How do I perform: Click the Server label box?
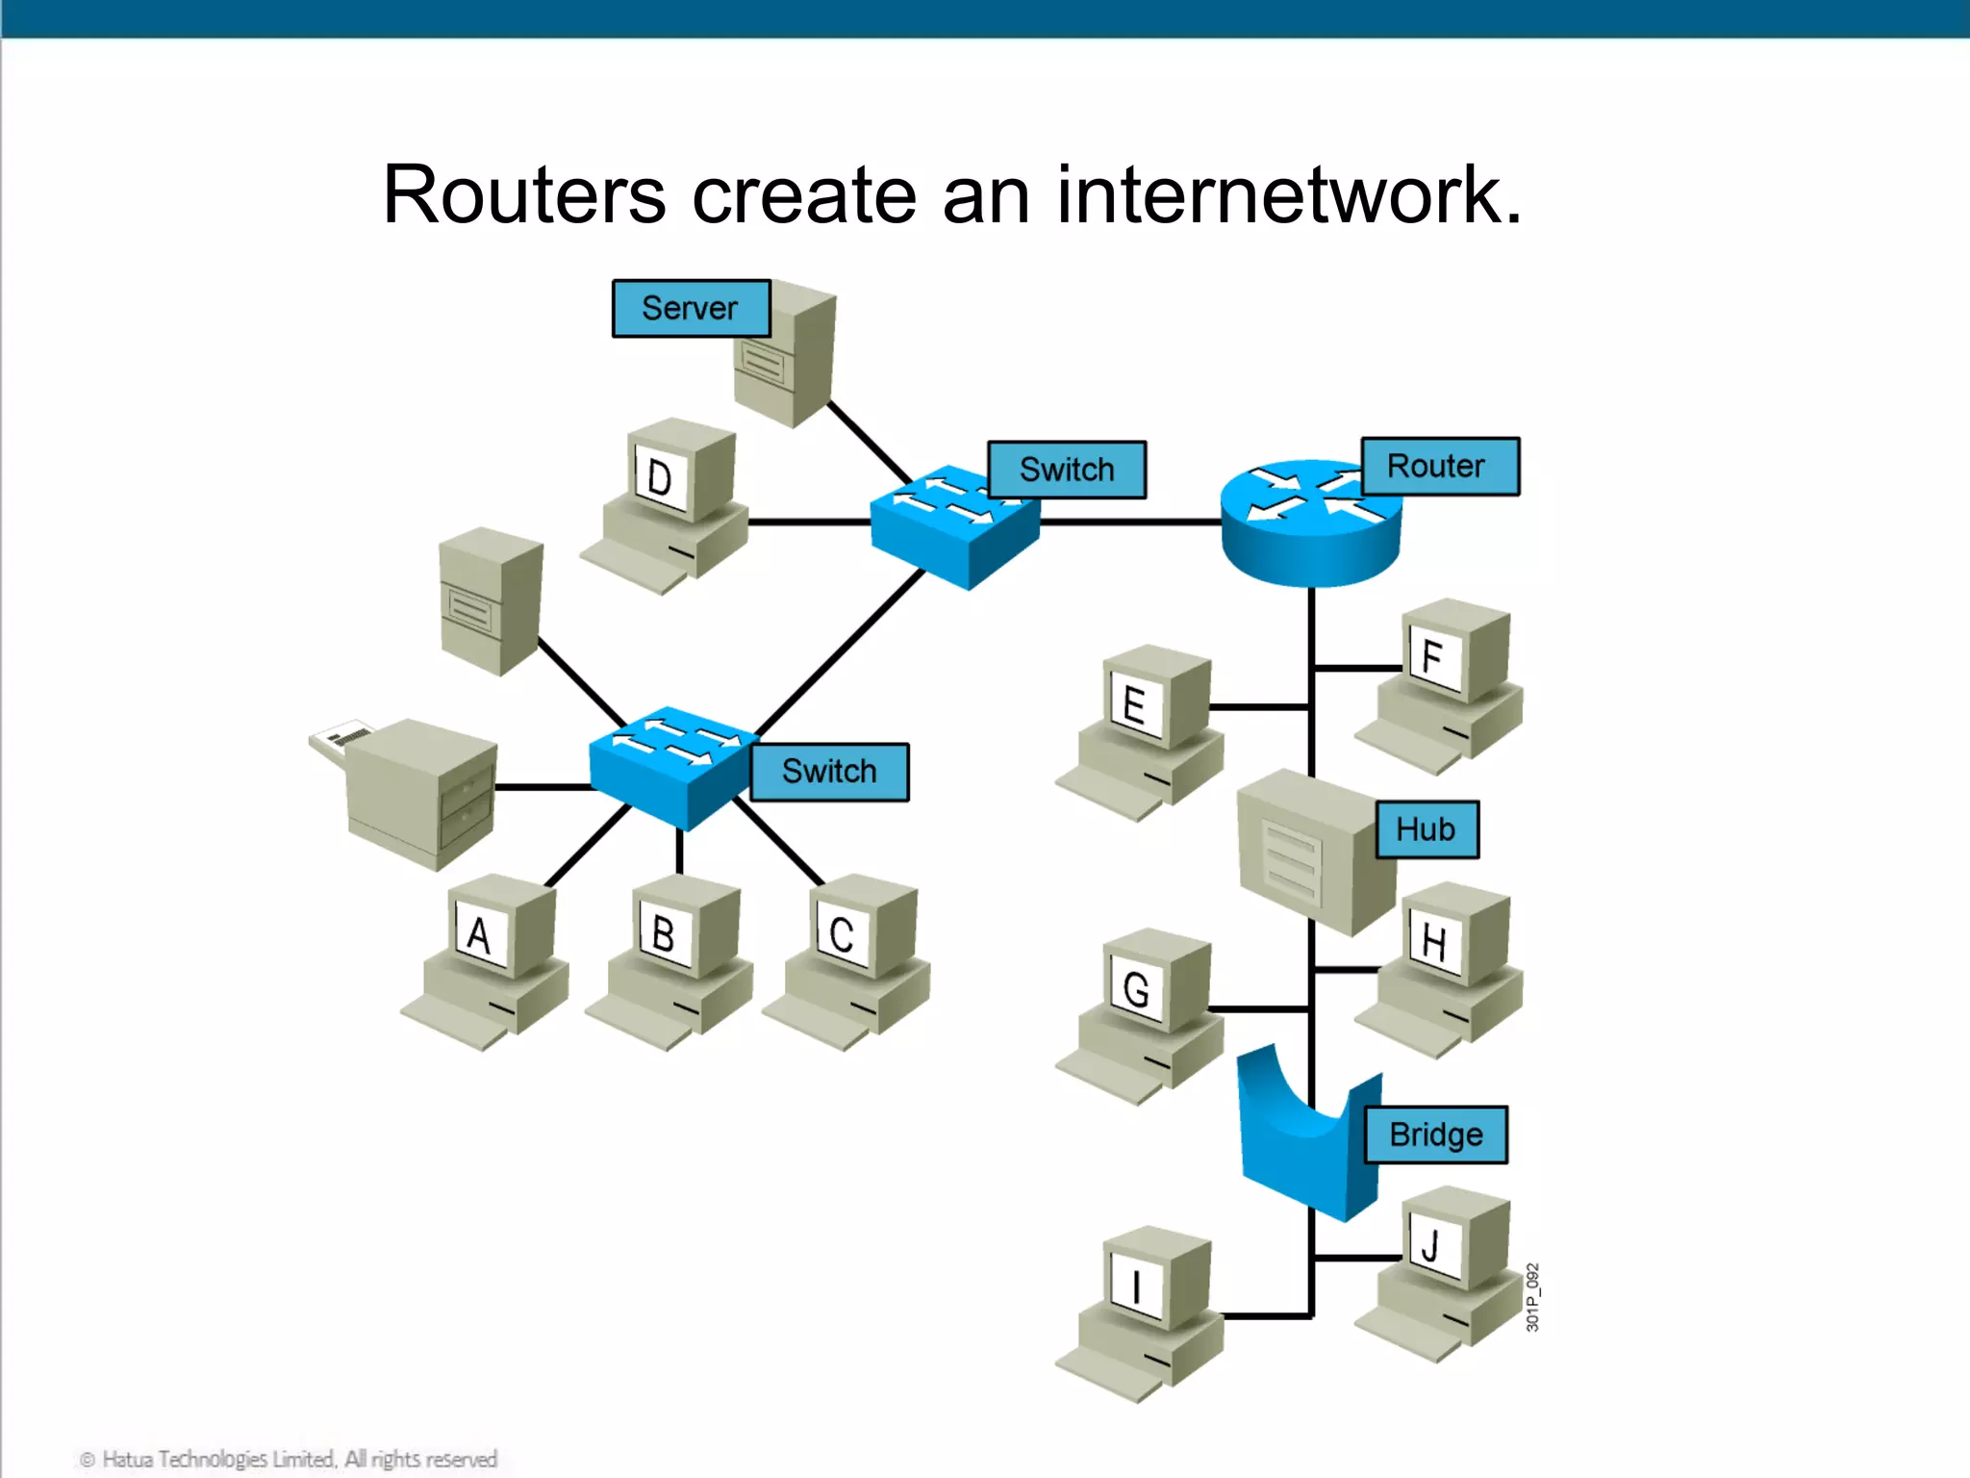point(691,308)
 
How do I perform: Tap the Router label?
point(1439,467)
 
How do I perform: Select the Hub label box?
point(1426,829)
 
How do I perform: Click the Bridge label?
point(1435,1135)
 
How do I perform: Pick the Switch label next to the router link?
point(1066,470)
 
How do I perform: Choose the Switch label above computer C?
point(828,772)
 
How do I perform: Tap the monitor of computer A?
point(480,933)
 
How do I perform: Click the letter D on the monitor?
point(659,478)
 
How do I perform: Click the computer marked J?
point(1440,1270)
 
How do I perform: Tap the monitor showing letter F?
point(1433,658)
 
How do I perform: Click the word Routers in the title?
point(524,195)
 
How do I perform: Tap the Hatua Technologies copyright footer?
point(289,1459)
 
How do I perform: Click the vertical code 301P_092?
point(1532,1297)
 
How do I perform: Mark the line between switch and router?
point(1130,522)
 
